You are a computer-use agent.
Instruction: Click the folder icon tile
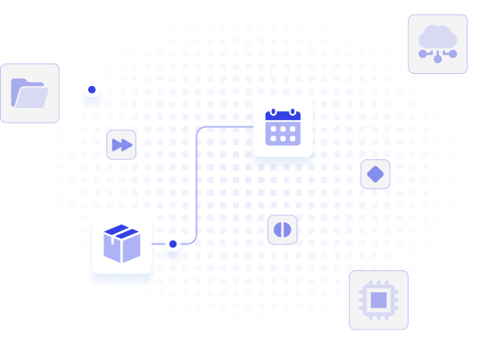[x=30, y=93]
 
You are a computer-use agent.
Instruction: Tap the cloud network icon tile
[x=437, y=43]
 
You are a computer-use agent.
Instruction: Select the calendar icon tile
[x=283, y=127]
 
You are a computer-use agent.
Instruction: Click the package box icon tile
[x=122, y=244]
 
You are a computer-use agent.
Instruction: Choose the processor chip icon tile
[x=378, y=300]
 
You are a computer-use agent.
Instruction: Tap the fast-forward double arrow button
[x=122, y=144]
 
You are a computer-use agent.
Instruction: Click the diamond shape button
[x=375, y=174]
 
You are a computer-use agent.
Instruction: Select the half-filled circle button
[x=282, y=229]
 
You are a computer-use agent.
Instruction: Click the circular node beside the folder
[x=92, y=91]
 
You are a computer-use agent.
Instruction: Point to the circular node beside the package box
[x=173, y=244]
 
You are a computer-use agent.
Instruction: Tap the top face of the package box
[x=122, y=231]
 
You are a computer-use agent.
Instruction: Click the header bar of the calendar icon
[x=283, y=117]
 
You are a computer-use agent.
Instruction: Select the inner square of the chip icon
[x=378, y=300]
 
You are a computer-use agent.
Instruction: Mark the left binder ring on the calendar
[x=273, y=113]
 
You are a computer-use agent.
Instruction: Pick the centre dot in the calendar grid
[x=283, y=132]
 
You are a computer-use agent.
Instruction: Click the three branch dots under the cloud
[x=437, y=56]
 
